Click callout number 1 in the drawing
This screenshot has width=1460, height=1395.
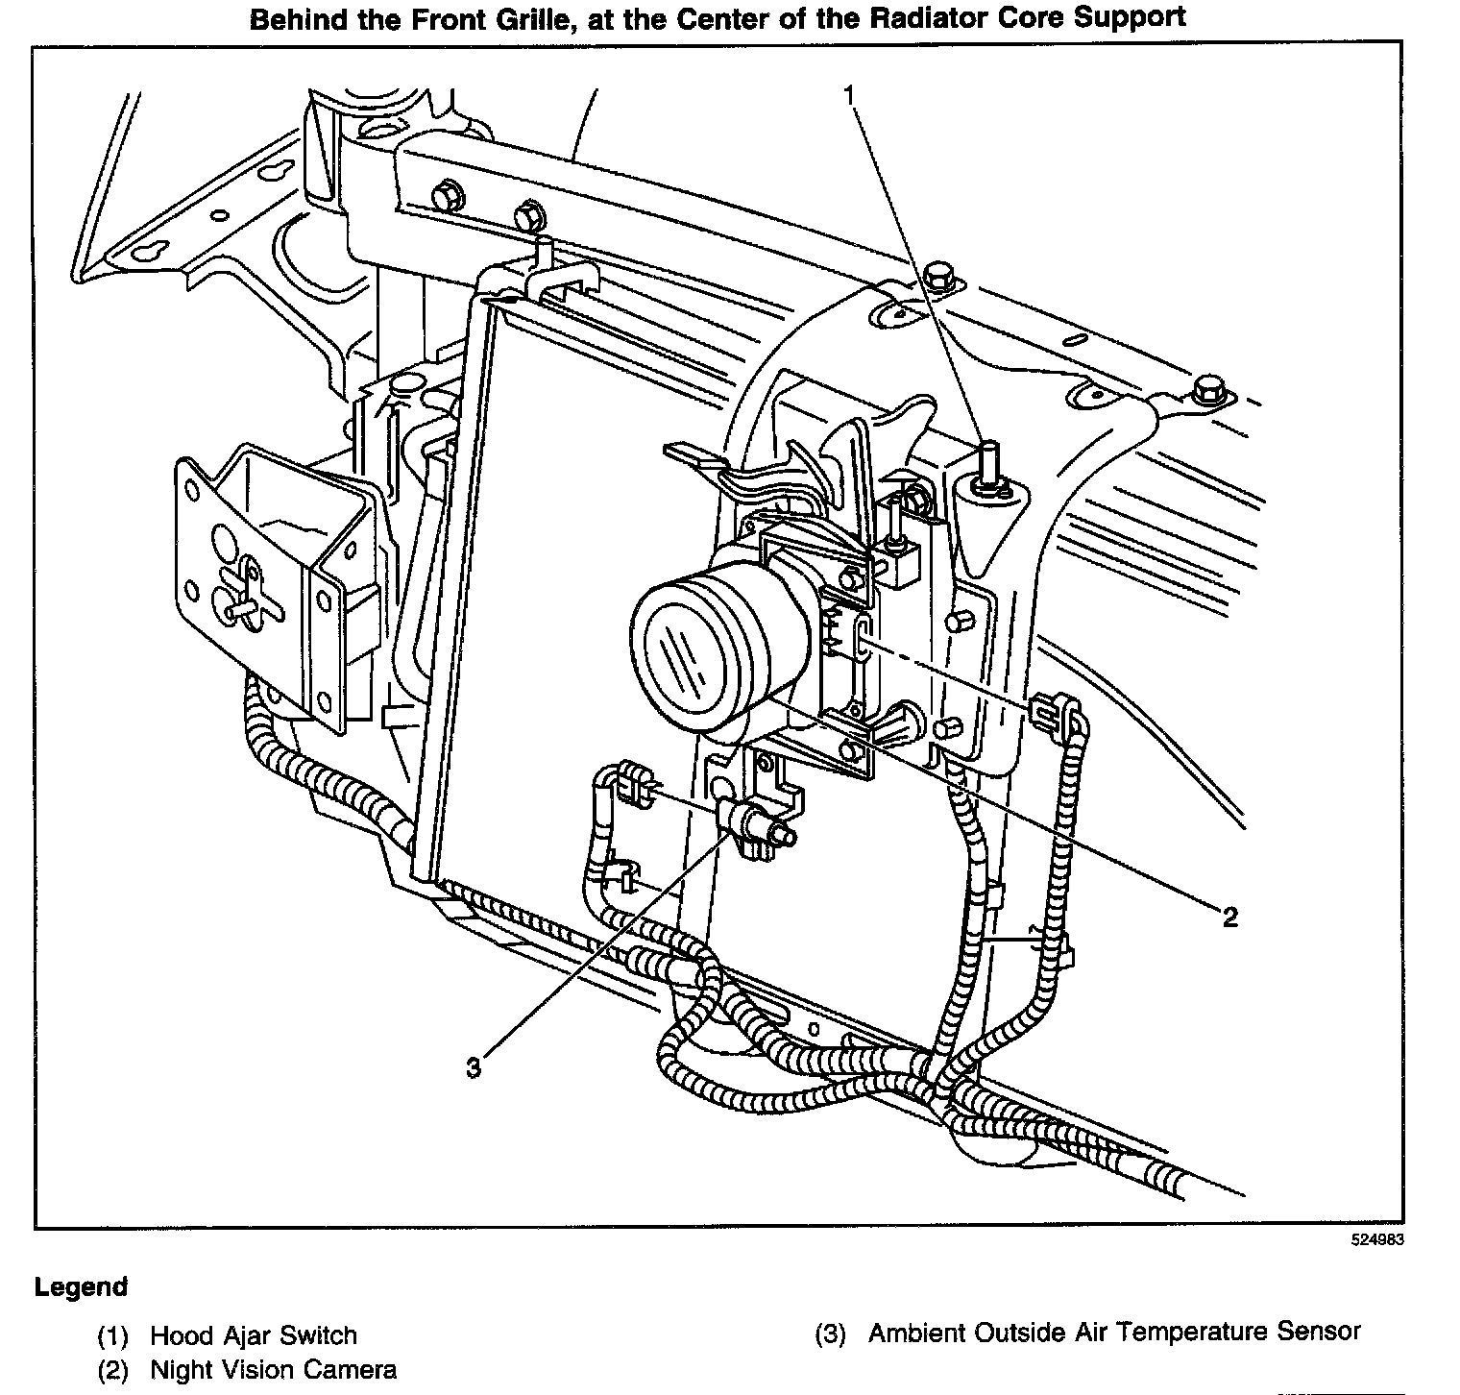click(848, 94)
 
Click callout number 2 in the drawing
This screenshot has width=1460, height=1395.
click(1229, 917)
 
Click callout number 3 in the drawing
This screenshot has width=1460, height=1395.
click(473, 1067)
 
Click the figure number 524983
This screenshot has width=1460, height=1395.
click(1376, 1240)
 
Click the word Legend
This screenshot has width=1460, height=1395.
click(81, 1287)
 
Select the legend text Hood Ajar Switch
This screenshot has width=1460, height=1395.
click(254, 1335)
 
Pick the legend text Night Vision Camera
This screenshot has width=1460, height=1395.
click(273, 1370)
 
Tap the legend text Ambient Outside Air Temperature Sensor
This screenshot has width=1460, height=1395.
click(1114, 1333)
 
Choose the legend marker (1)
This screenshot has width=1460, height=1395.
click(112, 1336)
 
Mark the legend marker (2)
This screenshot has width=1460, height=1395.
click(112, 1371)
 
